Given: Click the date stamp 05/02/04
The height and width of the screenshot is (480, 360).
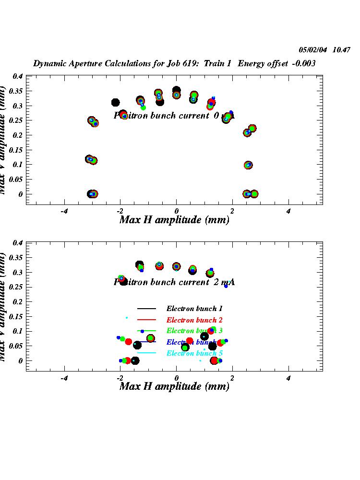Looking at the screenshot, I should (x=312, y=49).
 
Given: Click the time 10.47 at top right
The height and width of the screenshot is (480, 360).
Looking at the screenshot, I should (x=341, y=49).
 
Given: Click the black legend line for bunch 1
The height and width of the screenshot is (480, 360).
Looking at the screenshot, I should (x=147, y=309).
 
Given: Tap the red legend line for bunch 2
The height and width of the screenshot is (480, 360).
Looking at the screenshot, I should (x=147, y=320).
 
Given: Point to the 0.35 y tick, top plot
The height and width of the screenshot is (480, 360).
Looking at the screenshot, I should (x=17, y=91).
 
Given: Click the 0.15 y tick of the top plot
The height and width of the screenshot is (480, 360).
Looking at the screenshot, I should (x=17, y=150).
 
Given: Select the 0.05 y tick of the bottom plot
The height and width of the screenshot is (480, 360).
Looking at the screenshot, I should (x=17, y=346).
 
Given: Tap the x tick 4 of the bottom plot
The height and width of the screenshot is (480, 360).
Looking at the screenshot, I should (x=288, y=378).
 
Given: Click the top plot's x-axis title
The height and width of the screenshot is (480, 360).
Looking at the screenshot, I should (x=174, y=220).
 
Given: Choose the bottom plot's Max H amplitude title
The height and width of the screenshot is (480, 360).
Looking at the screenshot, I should (x=174, y=386).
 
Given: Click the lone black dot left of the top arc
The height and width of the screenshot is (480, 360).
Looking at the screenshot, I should (x=115, y=102).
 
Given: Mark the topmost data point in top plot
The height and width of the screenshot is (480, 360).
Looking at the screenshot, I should (x=176, y=90).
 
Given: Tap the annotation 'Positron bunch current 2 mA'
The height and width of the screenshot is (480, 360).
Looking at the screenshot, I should (x=174, y=282).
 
